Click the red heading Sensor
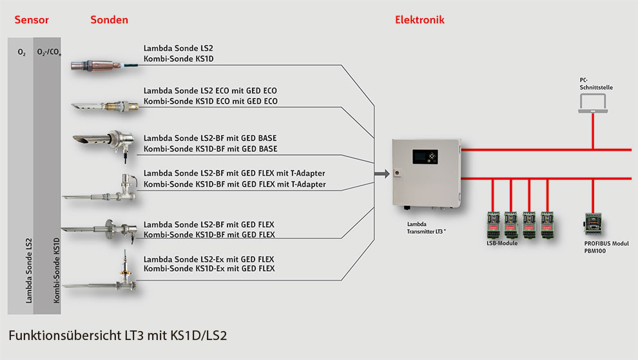pos(32,20)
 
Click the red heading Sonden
pos(109,20)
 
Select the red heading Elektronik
pos(420,20)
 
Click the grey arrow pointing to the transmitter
pos(381,173)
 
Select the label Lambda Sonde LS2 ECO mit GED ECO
pos(210,91)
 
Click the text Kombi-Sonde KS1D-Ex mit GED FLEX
pos(209,269)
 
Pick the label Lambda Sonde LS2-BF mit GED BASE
pos(210,138)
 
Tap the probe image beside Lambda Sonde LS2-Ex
pos(103,275)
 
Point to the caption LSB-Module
pos(502,243)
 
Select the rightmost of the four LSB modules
pos(548,225)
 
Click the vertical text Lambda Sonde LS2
pos(28,270)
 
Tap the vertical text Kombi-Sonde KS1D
pos(56,270)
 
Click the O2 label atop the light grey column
pos(22,52)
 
